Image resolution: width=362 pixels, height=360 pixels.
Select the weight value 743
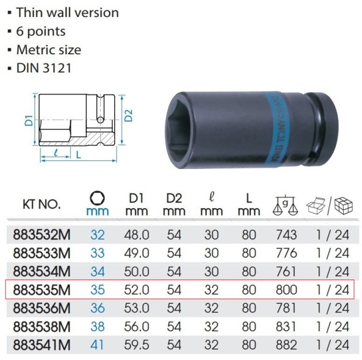(286, 235)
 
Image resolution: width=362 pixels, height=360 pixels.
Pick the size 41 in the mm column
(98, 345)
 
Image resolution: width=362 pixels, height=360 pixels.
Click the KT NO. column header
(42, 204)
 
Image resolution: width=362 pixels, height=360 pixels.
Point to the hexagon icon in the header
(98, 198)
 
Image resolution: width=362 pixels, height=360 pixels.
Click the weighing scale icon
(286, 204)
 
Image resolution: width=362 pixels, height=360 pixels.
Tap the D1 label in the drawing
(29, 120)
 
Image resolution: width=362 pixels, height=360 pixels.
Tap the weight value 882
(286, 345)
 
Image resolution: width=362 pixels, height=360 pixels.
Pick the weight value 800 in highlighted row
(286, 290)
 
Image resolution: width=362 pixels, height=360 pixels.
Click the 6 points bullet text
(40, 31)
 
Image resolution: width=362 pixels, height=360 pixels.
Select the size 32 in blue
(98, 235)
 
